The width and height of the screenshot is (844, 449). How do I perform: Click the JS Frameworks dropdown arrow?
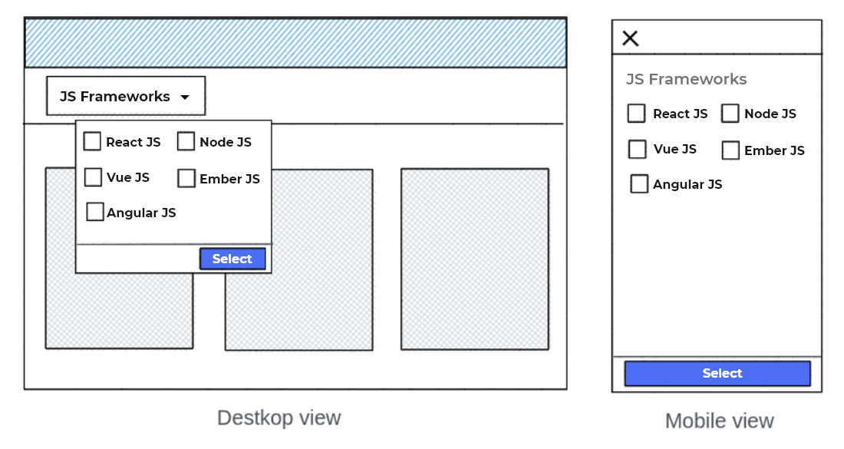(184, 97)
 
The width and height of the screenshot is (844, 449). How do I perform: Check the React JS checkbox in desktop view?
(92, 141)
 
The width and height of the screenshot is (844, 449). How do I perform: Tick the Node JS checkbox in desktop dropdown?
(186, 141)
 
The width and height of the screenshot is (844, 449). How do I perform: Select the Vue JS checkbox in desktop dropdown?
(93, 177)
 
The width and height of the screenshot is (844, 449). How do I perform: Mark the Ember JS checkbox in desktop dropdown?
(186, 178)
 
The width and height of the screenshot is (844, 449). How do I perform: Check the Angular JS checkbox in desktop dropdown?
(95, 212)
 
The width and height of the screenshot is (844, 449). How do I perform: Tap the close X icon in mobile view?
(630, 38)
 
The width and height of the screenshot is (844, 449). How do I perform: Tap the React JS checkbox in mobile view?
(637, 114)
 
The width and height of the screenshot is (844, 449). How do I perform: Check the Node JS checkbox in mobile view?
(730, 114)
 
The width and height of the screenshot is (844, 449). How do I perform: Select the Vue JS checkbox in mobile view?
(638, 149)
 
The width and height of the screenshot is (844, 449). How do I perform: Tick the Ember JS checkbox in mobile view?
(730, 150)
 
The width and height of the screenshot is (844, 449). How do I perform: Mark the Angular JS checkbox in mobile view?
(639, 184)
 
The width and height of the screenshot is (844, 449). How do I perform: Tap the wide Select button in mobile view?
(717, 374)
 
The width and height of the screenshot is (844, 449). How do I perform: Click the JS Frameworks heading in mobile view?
(686, 79)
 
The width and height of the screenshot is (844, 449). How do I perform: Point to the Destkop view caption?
(279, 418)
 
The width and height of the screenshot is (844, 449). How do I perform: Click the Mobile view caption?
(719, 421)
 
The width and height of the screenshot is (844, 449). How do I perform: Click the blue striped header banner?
(295, 43)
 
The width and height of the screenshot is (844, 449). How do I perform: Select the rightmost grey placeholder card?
(474, 259)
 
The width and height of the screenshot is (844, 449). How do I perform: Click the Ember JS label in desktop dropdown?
(229, 179)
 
